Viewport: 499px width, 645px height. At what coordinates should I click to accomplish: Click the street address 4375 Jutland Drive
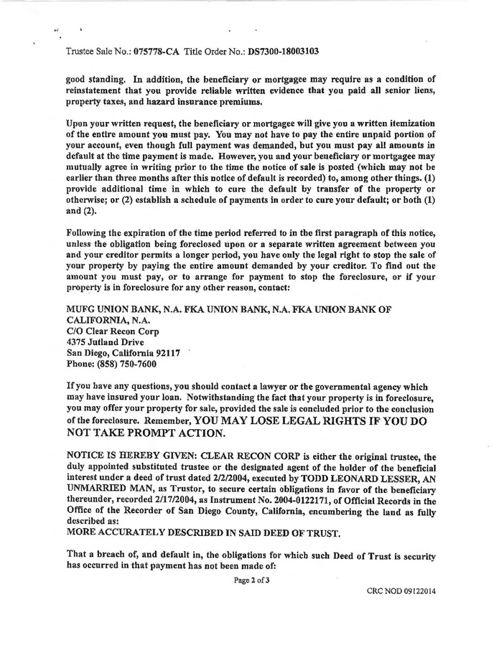pos(104,342)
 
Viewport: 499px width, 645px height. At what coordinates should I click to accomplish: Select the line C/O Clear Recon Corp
pos(112,331)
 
